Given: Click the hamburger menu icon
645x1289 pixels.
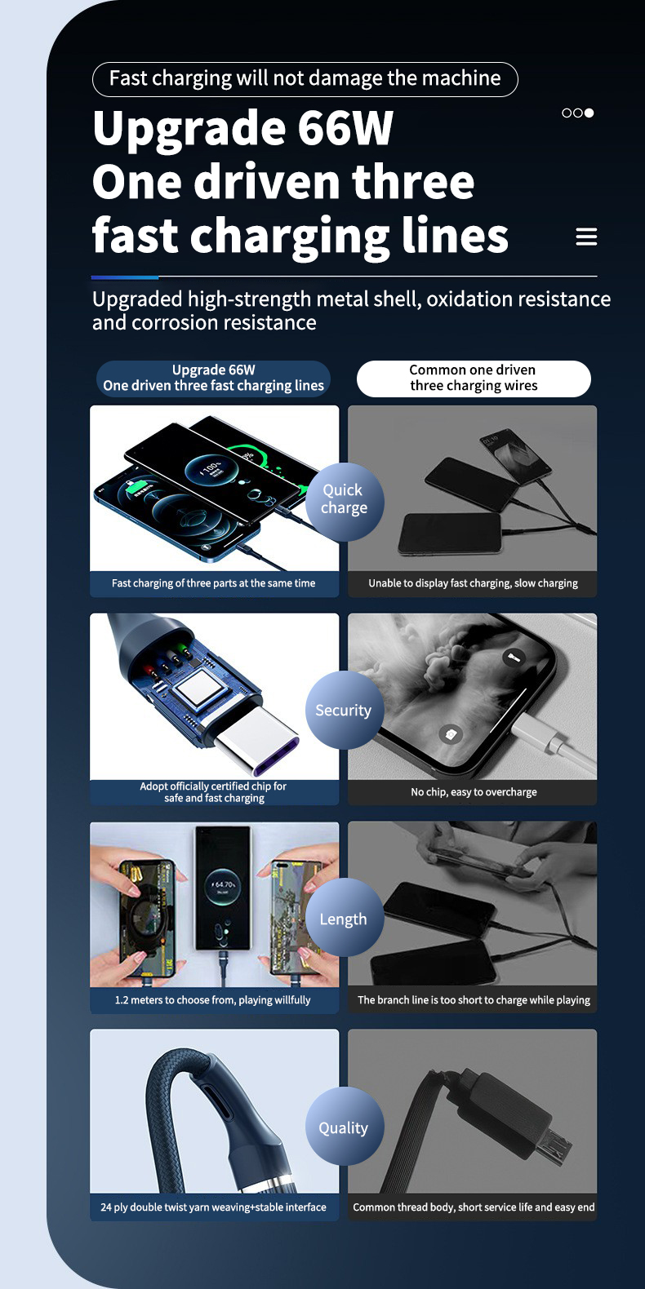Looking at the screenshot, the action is pos(586,237).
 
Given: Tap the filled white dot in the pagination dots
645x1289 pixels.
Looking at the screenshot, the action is pos(589,113).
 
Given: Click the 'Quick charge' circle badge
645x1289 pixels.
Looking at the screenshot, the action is pos(345,502).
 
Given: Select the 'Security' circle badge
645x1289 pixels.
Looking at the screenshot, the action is pos(345,710).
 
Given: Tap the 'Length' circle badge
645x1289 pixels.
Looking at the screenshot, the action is pos(345,919).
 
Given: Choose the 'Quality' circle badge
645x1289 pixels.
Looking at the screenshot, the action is pos(345,1127).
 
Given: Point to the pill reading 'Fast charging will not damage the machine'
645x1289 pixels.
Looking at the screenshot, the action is pos(305,79).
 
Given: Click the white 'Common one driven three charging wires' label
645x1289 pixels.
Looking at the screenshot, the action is pos(474,378).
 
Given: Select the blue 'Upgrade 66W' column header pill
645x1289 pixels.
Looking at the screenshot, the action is pos(213,378).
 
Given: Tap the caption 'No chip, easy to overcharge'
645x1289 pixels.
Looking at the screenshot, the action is pos(474,792).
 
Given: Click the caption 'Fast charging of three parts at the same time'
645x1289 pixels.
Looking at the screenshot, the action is pos(214,583).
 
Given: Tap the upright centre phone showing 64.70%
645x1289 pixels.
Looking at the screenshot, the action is pos(224,888).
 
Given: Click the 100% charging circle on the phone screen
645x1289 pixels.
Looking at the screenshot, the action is pos(211,472).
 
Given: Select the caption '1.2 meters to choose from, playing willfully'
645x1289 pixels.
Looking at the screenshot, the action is pos(212,1000).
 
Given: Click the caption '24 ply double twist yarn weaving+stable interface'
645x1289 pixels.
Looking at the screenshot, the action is pos(213,1207).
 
